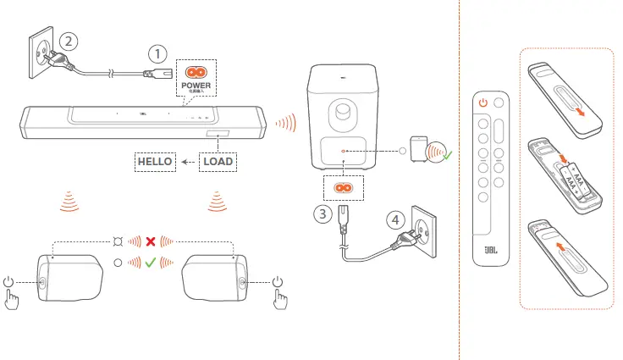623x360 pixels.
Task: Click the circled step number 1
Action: click(157, 53)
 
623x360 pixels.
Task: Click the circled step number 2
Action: click(69, 40)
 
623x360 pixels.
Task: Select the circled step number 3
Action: click(321, 213)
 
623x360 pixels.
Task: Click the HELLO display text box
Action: click(156, 160)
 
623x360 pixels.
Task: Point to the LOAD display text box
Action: click(218, 160)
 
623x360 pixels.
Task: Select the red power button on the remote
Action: click(483, 102)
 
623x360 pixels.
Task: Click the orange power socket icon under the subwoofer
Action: click(342, 187)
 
